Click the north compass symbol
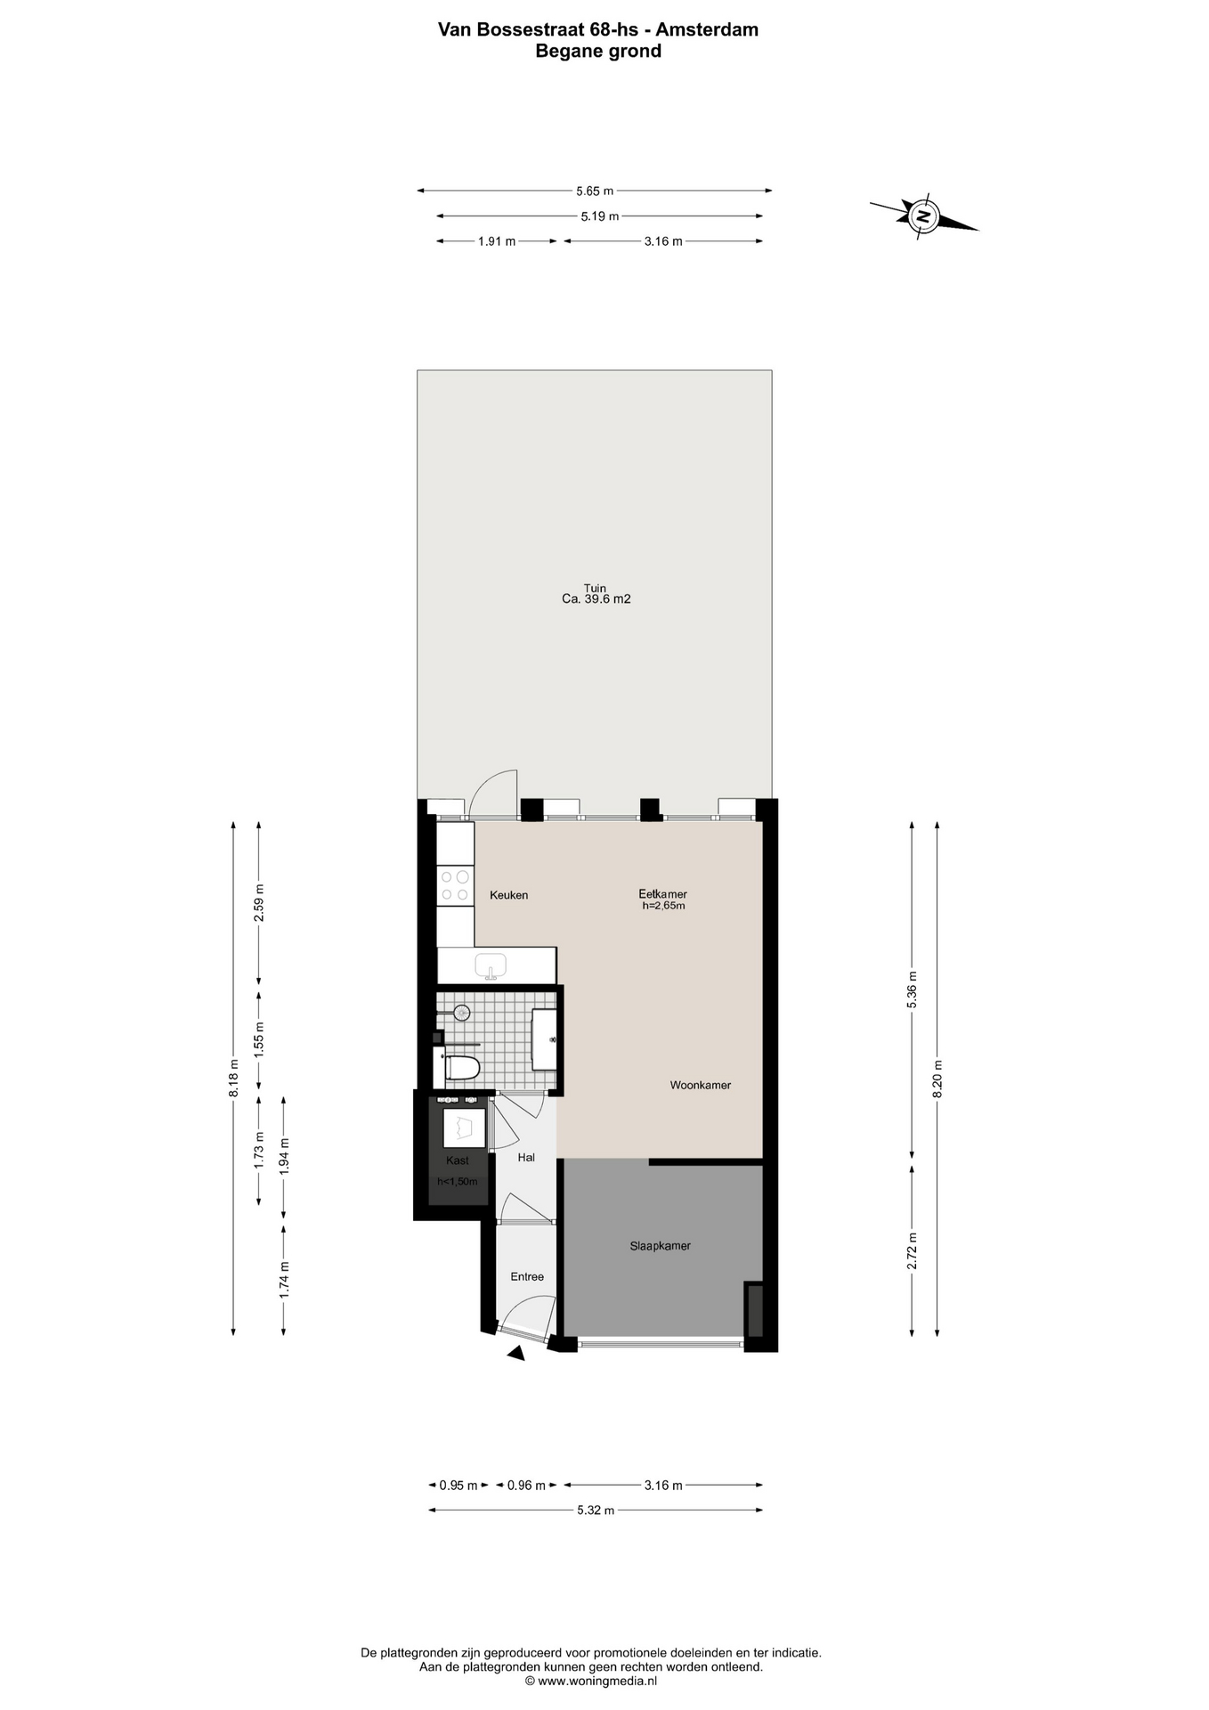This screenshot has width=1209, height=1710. click(924, 216)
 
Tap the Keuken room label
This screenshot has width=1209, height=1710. click(509, 895)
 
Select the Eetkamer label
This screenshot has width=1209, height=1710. click(662, 894)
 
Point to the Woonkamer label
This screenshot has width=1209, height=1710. click(701, 1085)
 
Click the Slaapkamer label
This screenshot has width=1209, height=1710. click(661, 1246)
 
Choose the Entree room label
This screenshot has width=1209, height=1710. click(527, 1276)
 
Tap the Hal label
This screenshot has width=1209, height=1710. click(526, 1157)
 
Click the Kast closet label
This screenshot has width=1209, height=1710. click(458, 1160)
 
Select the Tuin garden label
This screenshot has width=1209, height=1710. click(595, 588)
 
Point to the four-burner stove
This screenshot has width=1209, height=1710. click(455, 885)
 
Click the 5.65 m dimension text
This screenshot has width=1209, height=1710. click(595, 191)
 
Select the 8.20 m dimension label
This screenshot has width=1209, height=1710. click(937, 1078)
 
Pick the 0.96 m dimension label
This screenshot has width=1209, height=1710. click(526, 1485)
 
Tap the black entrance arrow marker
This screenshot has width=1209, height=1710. click(516, 1353)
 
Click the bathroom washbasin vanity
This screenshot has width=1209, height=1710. click(545, 1039)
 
